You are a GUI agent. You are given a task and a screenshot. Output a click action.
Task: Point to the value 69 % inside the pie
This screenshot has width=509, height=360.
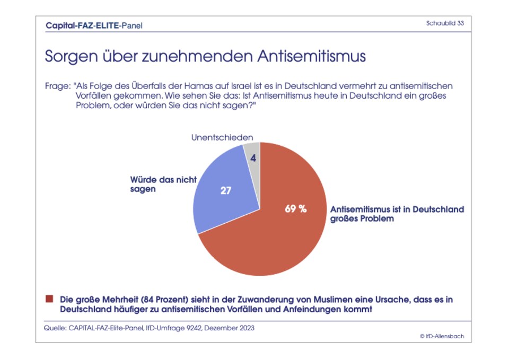click(296, 208)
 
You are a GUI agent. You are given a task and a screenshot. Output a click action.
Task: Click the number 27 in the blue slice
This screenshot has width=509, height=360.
click(226, 191)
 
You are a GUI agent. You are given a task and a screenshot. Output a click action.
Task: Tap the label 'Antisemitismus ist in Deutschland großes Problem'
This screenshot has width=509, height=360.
click(397, 214)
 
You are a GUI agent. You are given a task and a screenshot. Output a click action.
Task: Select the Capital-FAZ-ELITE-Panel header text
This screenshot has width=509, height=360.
click(94, 25)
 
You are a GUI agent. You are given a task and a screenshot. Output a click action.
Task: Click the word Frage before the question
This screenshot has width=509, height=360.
click(58, 86)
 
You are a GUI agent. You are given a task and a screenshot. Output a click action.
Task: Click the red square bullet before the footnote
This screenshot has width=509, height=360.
click(49, 299)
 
